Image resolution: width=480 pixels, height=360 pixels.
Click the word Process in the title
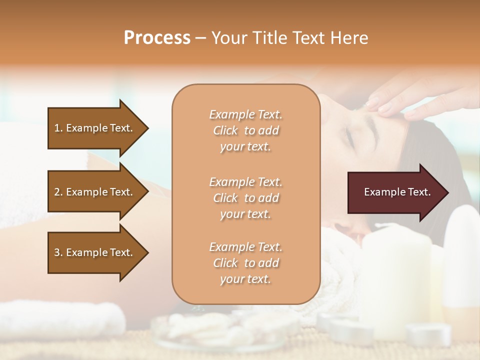pos(157,37)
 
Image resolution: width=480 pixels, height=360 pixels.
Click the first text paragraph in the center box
pos(245,130)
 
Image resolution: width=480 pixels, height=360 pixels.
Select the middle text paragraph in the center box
pos(245,197)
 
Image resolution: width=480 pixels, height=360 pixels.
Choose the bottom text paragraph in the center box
pos(245,263)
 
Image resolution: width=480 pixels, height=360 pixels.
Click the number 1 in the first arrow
pos(57,128)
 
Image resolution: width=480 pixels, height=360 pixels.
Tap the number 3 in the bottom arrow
pos(57,252)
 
